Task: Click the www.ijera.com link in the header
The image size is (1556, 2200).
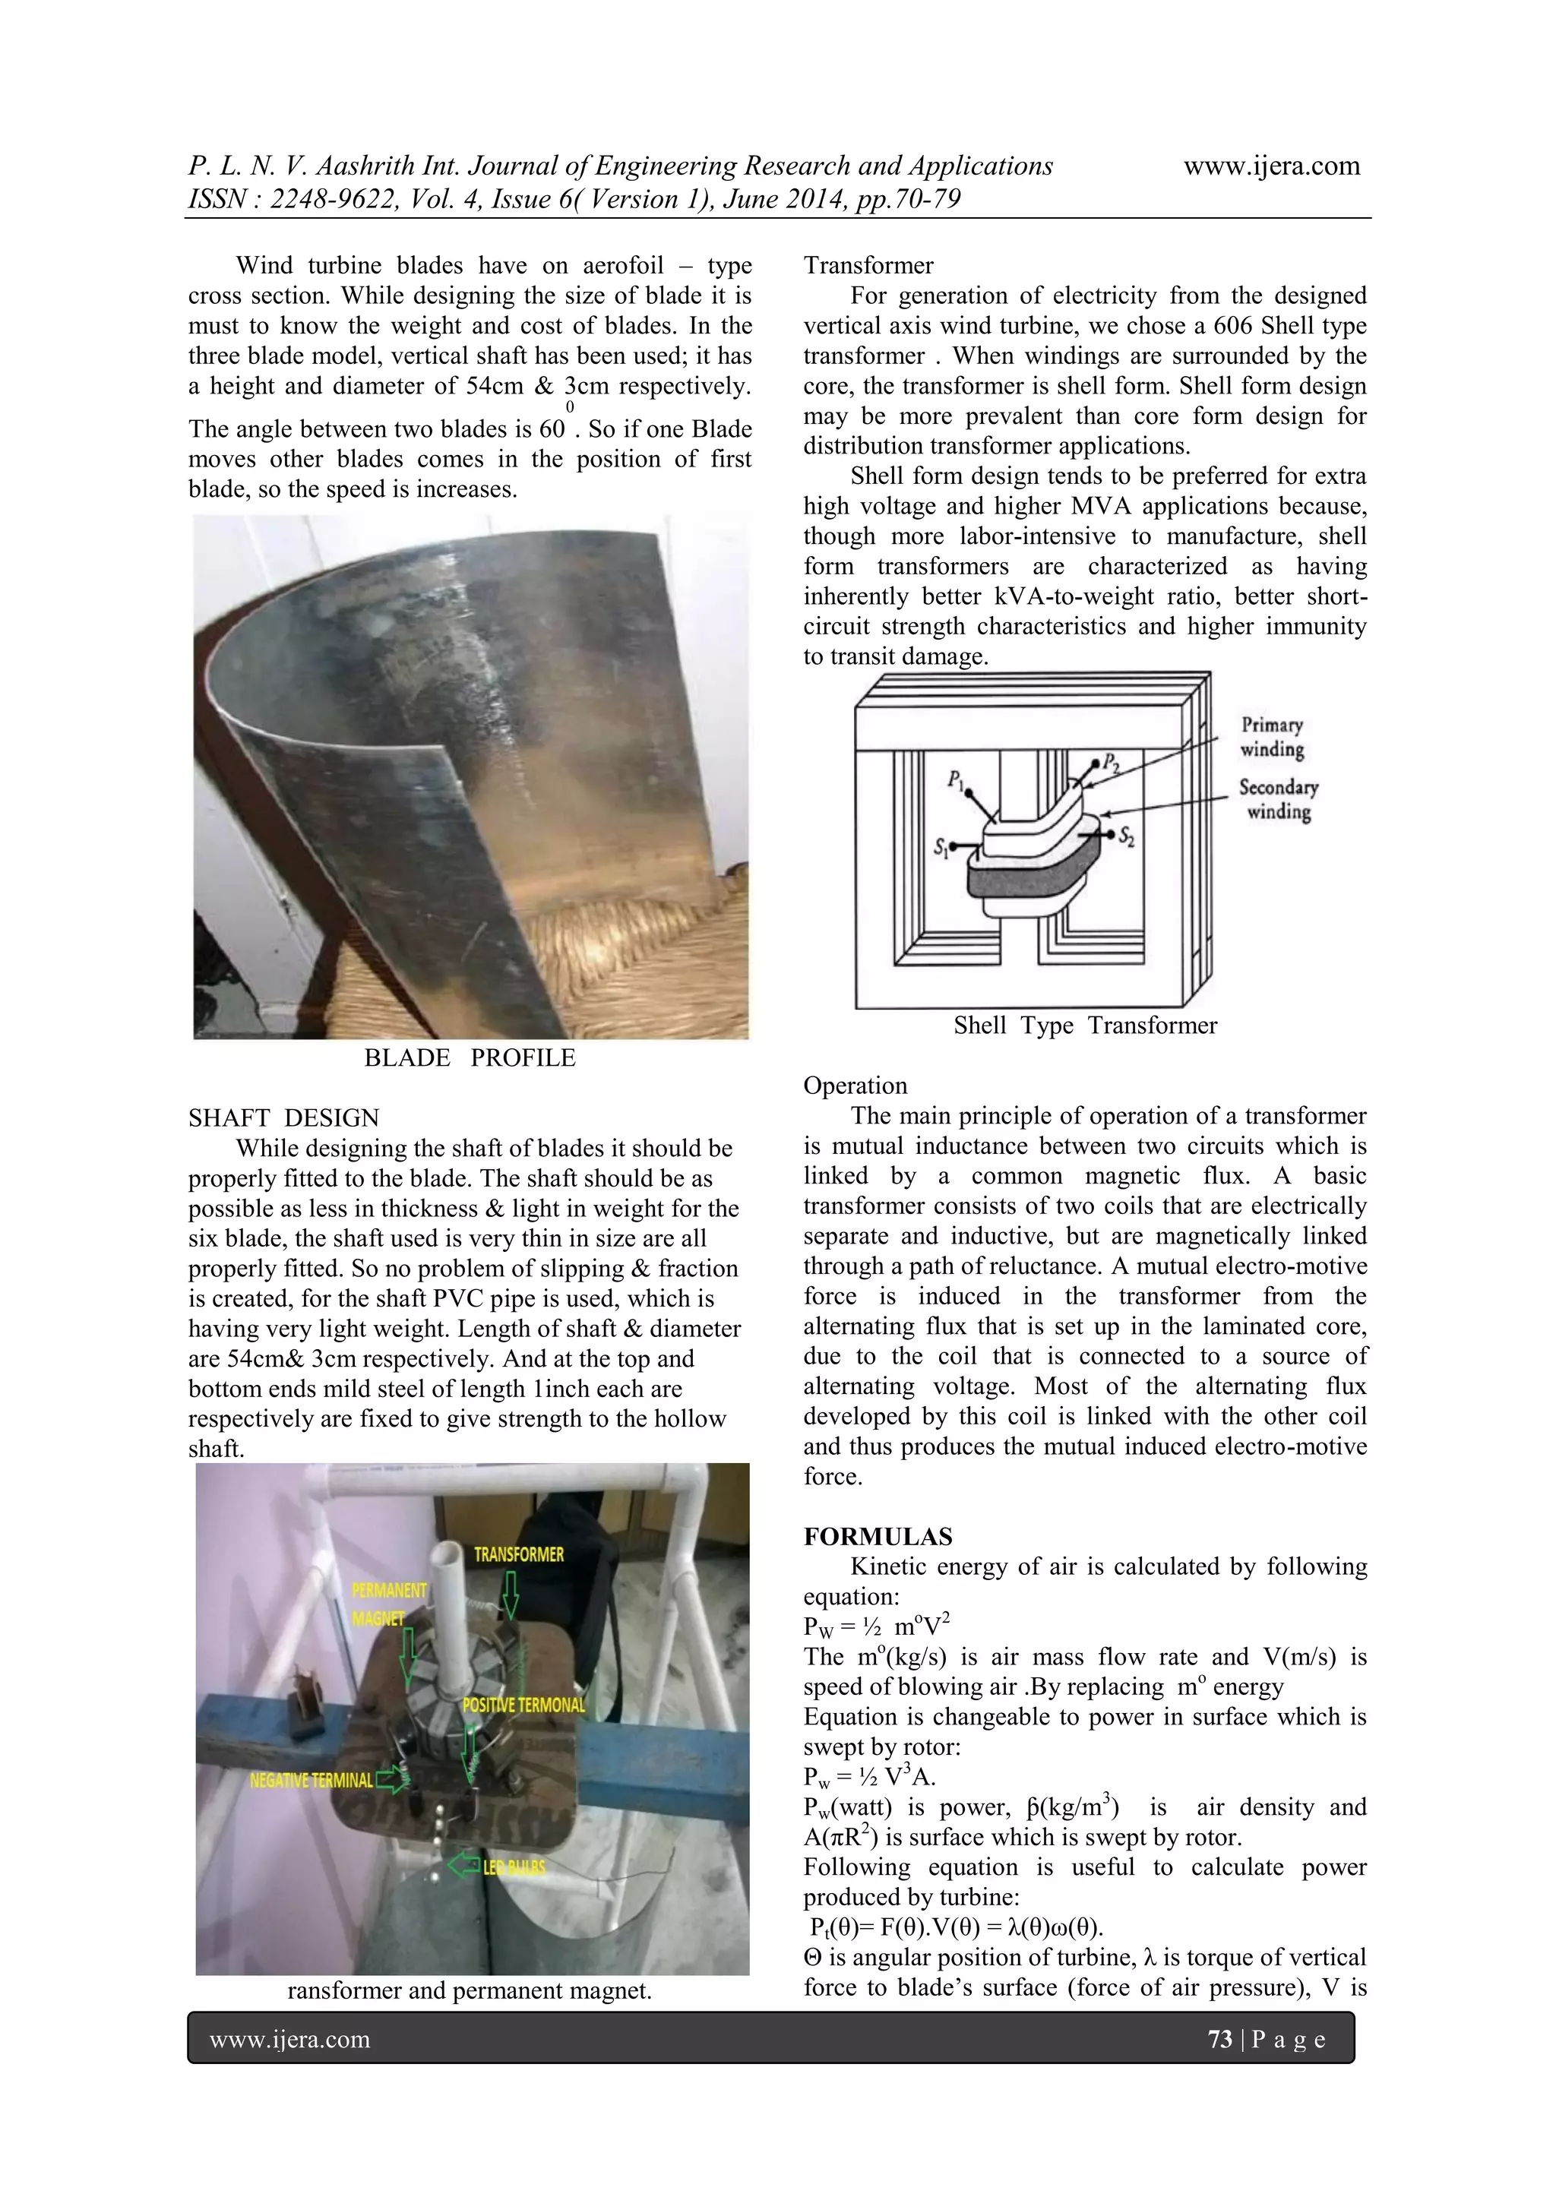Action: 1271,166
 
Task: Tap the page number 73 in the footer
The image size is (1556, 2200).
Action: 1219,2039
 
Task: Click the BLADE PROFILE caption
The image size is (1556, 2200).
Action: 470,1058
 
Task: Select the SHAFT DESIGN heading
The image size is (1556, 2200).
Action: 283,1118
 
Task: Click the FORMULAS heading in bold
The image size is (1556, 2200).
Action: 878,1537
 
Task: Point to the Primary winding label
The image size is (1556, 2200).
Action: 1273,737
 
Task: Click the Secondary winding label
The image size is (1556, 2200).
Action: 1278,799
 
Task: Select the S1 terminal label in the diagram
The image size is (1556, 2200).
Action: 942,848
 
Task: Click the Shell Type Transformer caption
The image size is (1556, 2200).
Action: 1085,1026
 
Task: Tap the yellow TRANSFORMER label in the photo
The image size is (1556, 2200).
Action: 518,1554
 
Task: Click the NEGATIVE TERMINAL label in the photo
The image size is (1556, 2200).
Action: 312,1781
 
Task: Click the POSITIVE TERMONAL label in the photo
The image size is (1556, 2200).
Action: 523,1705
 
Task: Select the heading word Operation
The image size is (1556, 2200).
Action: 855,1086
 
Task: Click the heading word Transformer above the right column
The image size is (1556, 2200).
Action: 868,265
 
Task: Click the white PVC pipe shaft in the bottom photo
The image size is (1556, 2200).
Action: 448,1610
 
